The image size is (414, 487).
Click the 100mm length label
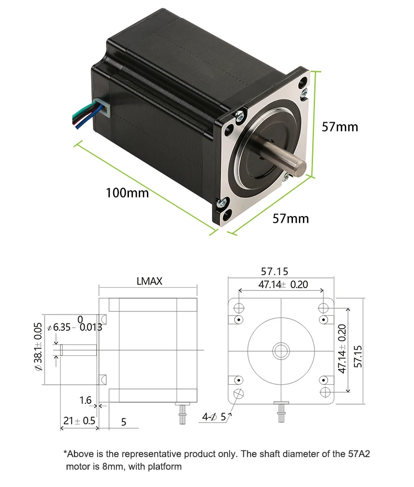pyautogui.click(x=127, y=192)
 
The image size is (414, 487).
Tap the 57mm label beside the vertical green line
pyautogui.click(x=340, y=126)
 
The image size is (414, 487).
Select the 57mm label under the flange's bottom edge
pyautogui.click(x=290, y=218)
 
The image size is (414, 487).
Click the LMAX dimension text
pyautogui.click(x=149, y=282)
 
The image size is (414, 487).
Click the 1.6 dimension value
pyautogui.click(x=85, y=401)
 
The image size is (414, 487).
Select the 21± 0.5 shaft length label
pyautogui.click(x=79, y=420)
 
